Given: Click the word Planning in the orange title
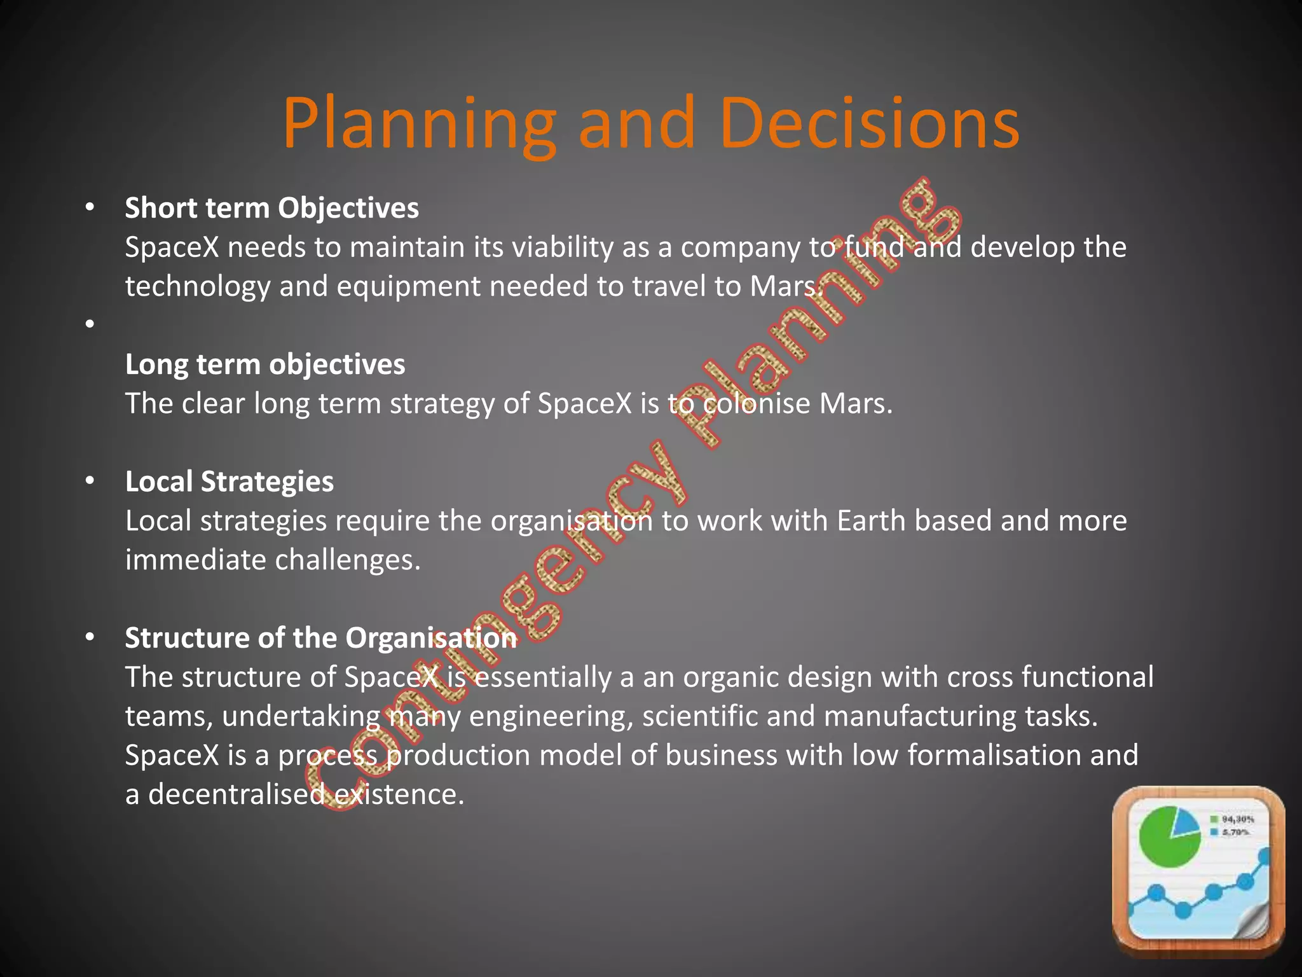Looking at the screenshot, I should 420,124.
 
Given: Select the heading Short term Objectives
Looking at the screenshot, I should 271,208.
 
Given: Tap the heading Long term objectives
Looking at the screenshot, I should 264,364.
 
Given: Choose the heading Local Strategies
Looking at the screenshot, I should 229,482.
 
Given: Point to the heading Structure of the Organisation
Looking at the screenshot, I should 320,638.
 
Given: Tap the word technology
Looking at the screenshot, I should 198,287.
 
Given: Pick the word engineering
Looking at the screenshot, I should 551,717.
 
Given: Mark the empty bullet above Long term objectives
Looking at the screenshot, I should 90,324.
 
